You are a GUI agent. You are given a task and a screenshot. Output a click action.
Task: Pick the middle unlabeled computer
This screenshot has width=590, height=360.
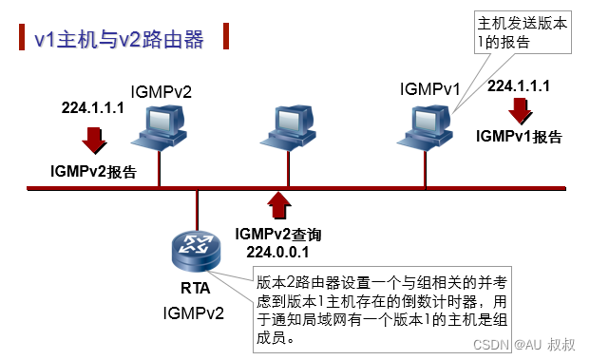coord(286,129)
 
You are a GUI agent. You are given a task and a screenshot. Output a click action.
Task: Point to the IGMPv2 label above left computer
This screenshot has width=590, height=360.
coord(161,91)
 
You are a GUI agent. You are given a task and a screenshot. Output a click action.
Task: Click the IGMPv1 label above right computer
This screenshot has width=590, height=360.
coord(430,88)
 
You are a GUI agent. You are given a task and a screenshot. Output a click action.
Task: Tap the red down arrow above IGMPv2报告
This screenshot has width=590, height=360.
coord(94,140)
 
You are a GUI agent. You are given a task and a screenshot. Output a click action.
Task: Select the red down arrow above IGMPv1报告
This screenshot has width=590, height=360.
coord(520,110)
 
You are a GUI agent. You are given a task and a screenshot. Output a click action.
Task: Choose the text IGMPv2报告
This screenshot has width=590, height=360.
coord(94,173)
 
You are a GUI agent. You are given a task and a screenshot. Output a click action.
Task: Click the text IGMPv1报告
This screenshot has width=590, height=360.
coord(519,137)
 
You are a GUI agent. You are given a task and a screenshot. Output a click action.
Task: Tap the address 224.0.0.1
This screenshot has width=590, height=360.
coord(279,252)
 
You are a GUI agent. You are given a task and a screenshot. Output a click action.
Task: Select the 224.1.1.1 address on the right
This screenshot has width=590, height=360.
coord(520,85)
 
